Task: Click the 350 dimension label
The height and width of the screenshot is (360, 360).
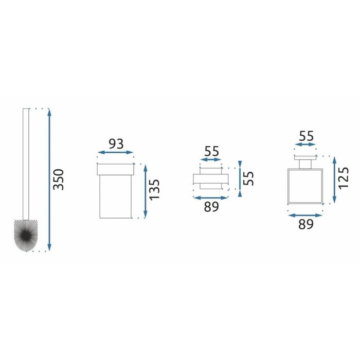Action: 58,179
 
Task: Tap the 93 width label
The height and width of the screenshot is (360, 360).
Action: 116,144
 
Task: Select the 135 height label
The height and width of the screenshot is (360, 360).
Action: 154,190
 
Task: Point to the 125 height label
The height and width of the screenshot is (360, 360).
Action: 344,178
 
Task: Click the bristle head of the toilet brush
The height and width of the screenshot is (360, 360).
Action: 26,235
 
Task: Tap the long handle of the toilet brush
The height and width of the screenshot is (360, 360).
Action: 26,164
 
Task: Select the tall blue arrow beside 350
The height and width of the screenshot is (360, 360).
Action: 49,180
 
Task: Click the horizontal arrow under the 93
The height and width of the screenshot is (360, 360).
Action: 116,152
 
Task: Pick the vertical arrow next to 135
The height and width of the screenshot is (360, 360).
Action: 146,191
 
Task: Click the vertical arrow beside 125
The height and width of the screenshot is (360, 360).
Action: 334,180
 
